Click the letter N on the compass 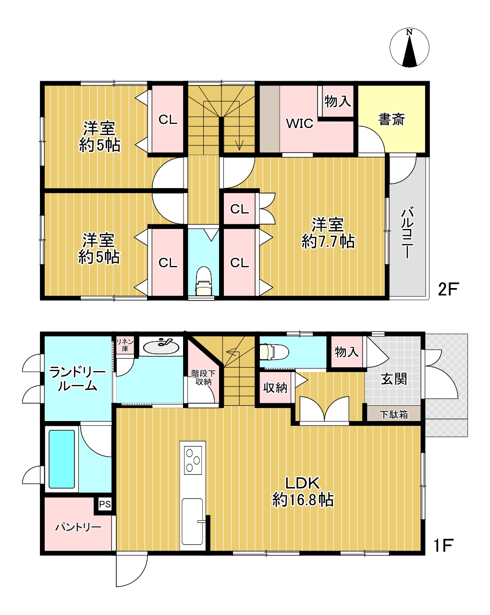point(409,32)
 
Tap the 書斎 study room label point(392,120)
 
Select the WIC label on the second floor point(299,123)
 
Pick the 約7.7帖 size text point(328,242)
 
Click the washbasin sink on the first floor point(161,347)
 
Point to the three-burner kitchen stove point(193,460)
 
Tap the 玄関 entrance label point(393,379)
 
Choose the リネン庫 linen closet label point(125,345)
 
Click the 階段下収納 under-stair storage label point(203,377)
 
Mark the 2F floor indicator point(449,289)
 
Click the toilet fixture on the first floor point(274,351)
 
